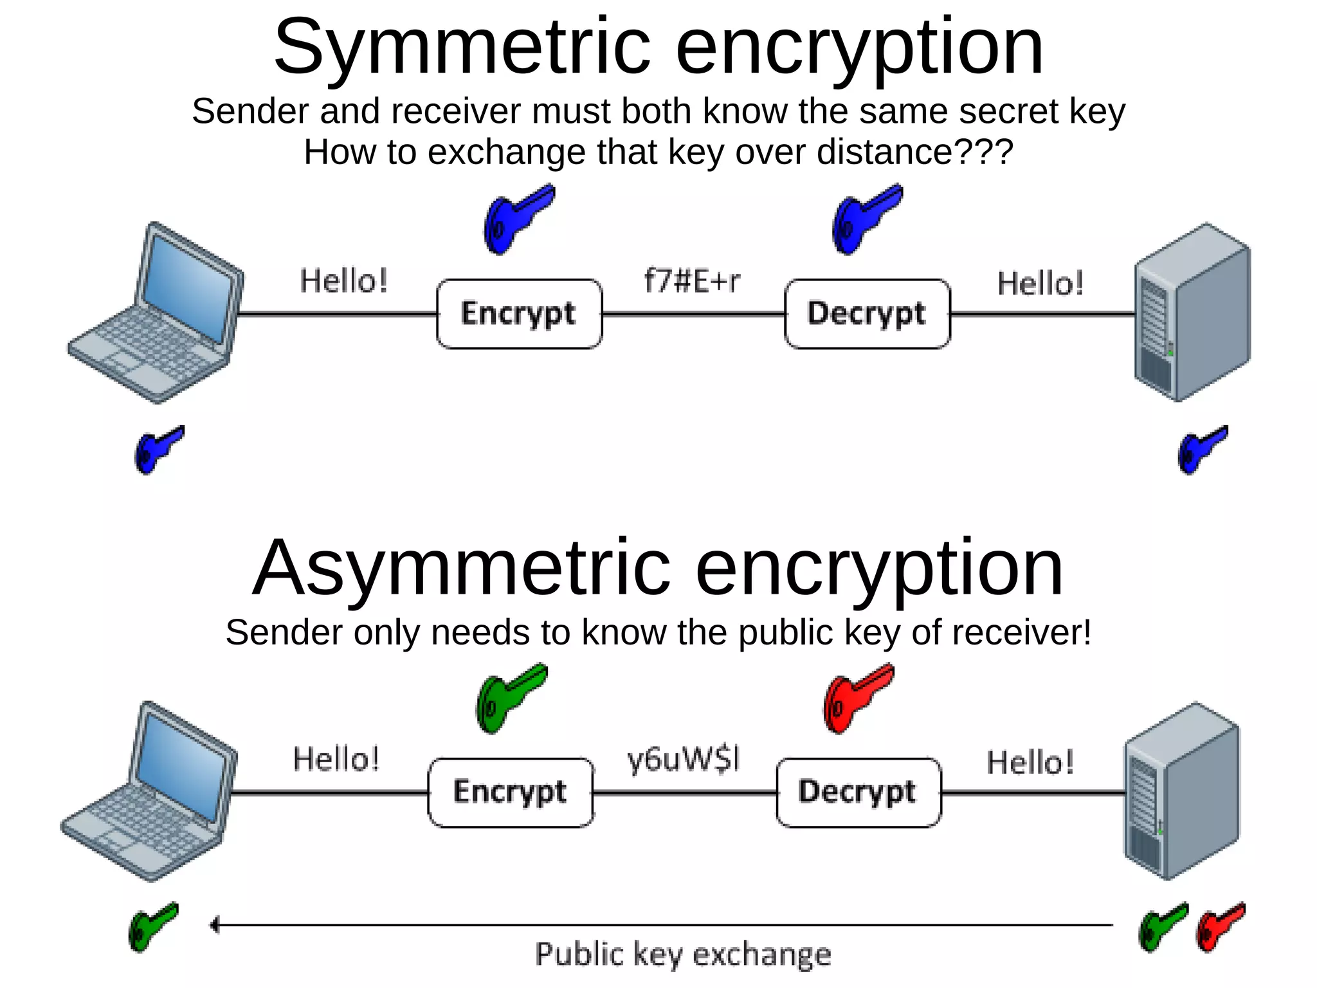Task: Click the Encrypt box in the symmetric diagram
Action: click(519, 314)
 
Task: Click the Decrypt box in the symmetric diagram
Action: click(867, 314)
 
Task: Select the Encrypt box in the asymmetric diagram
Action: click(510, 792)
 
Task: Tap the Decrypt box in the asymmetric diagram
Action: click(858, 792)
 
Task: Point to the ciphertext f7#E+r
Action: click(692, 281)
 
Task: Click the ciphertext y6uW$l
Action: click(684, 760)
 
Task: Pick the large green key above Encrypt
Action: click(509, 699)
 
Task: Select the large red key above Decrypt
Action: click(857, 699)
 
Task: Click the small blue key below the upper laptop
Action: click(158, 450)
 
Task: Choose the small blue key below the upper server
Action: click(1201, 450)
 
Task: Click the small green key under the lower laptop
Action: click(152, 927)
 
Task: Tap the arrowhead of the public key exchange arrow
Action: click(215, 925)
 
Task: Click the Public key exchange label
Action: click(683, 955)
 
